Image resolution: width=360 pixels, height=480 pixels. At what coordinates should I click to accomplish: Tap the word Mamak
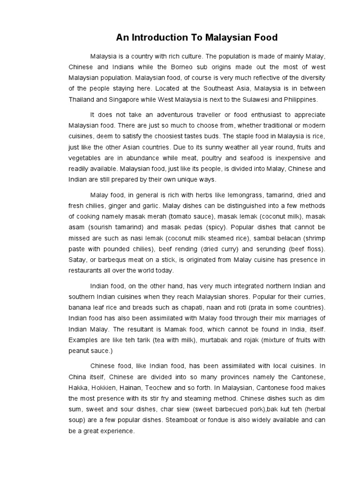point(191,329)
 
